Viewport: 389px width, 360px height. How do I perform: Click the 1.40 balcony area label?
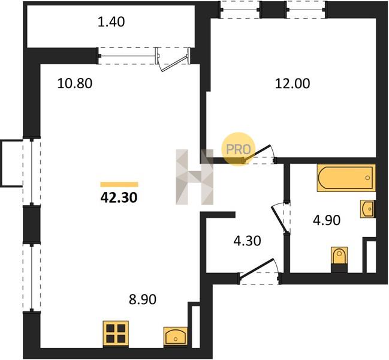(111, 22)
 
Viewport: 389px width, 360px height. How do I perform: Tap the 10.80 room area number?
(75, 83)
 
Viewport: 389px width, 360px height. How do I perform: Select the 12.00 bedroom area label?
(292, 83)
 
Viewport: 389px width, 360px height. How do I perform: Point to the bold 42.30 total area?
(119, 198)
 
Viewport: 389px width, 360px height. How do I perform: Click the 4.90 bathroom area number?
(327, 220)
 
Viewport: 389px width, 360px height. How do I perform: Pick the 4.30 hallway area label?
(248, 241)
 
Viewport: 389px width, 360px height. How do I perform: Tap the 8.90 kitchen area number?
(143, 299)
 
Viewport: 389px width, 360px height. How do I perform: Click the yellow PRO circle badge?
(238, 149)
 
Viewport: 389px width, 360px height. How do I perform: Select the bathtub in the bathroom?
(346, 178)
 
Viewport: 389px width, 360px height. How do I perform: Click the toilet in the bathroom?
(339, 259)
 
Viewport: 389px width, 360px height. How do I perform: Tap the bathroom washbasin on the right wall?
(368, 209)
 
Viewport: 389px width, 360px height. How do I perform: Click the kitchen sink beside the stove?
(176, 337)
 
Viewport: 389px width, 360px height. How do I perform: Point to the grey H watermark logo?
(194, 177)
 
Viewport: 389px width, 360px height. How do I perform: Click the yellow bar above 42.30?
(119, 184)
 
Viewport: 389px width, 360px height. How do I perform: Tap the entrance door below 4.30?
(258, 271)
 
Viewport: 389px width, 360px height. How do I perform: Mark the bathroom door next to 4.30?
(279, 218)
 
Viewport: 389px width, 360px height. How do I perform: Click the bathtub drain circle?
(367, 178)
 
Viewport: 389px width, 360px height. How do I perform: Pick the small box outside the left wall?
(11, 163)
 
